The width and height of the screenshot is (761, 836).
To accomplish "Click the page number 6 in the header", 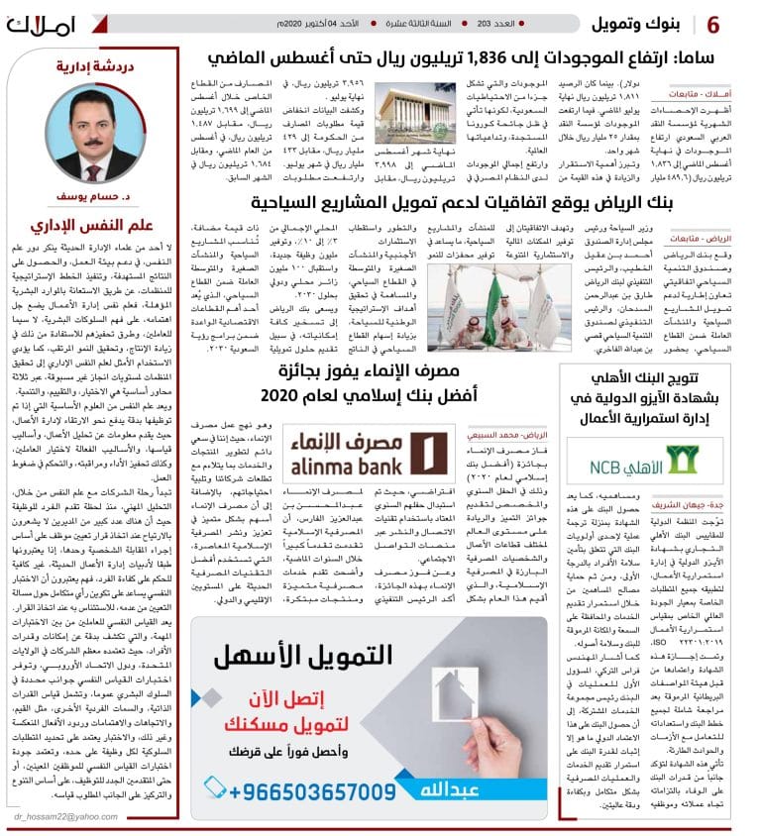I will tap(741, 23).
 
